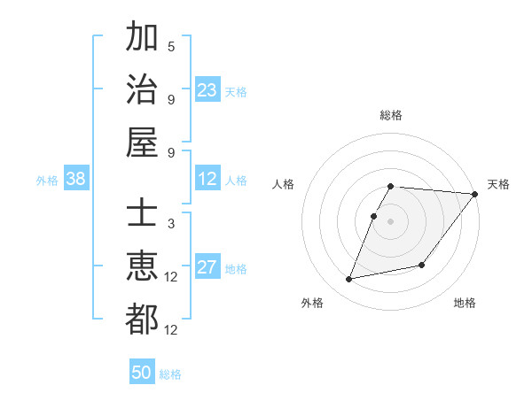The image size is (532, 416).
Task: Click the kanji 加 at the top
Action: pos(142,39)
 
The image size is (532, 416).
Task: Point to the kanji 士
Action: pos(142,215)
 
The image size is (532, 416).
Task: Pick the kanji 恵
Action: pos(142,266)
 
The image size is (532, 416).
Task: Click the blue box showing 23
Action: pos(207,90)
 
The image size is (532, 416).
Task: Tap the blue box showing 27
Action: pos(207,268)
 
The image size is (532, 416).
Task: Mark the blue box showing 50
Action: pos(142,373)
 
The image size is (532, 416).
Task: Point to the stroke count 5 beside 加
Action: pos(171,46)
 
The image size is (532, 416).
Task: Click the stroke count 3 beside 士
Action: pos(171,223)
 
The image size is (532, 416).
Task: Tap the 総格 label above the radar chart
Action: pos(391,115)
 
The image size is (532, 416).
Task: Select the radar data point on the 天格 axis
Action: pos(474,195)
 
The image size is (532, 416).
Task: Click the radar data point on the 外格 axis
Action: pos(349,279)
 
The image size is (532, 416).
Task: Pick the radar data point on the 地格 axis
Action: pos(422,265)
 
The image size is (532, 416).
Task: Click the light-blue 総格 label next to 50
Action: pos(170,374)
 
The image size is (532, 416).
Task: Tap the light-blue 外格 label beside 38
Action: pos(47,181)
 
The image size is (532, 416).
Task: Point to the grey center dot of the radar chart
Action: pos(391,221)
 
